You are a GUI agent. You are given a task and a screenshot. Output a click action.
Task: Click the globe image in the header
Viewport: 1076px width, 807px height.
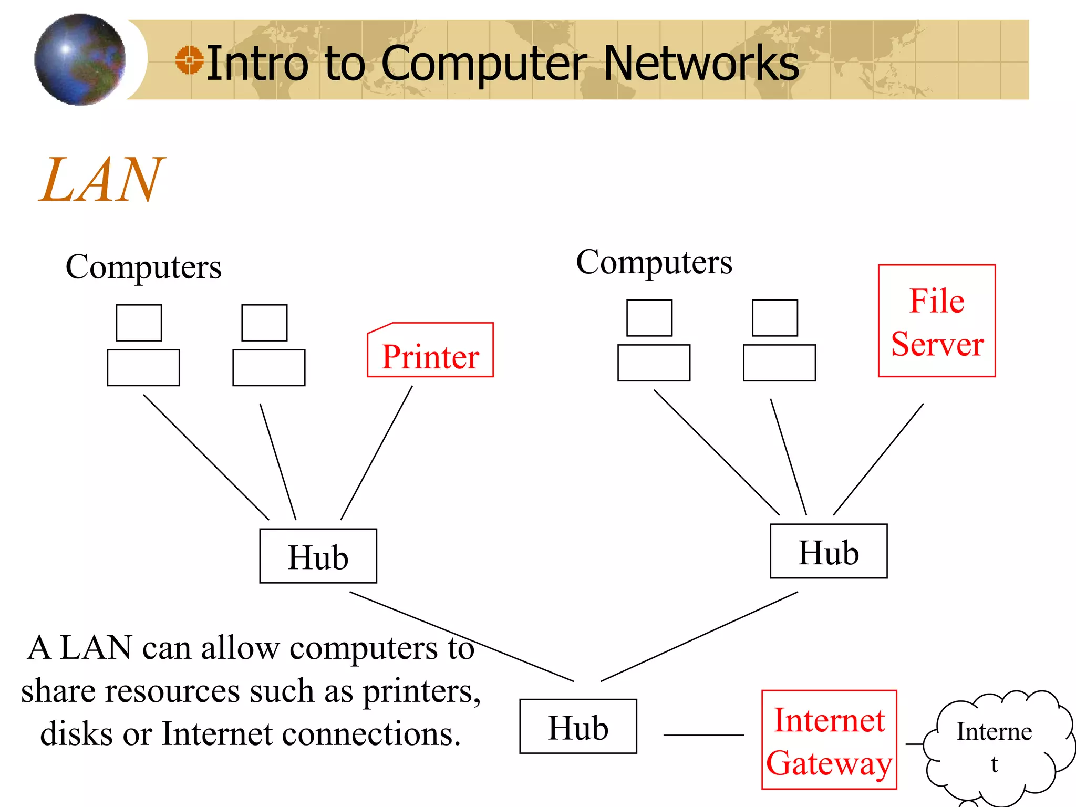[80, 59]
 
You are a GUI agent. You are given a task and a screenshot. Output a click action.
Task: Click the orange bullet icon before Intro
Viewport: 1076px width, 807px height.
[189, 60]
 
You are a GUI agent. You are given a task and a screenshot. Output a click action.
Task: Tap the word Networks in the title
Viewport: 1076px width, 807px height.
[701, 64]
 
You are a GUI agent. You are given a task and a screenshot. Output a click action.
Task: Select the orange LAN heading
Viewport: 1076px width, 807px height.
[101, 180]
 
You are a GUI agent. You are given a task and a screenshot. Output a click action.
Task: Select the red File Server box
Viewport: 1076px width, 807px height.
[937, 321]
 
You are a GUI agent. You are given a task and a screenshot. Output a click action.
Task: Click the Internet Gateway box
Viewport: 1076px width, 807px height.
[829, 740]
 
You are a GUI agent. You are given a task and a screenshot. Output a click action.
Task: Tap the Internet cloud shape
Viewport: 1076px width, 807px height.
[995, 746]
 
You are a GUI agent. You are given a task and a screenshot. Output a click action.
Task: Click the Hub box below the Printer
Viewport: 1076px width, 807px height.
[318, 556]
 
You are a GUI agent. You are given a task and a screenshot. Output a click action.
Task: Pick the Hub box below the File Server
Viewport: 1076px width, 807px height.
[829, 551]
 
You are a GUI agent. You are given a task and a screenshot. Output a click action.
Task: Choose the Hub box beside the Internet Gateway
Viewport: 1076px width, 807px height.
[578, 726]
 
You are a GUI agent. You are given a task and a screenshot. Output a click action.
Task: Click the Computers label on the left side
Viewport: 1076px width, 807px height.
[143, 267]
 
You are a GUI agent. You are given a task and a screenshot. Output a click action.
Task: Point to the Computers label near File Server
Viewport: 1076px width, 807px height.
[654, 262]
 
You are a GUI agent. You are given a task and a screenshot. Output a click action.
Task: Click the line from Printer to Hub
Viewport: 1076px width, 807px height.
[376, 453]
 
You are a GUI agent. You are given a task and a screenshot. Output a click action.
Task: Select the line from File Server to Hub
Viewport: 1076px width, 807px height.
[878, 459]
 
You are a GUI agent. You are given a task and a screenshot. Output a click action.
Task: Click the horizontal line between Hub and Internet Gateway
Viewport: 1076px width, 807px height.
[703, 735]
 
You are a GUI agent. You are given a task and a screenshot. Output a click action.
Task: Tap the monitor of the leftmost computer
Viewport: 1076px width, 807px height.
[139, 323]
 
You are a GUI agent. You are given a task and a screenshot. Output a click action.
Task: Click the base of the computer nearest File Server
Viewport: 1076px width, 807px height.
[779, 363]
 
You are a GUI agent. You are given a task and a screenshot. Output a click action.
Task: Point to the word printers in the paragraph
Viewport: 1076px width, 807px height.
[421, 691]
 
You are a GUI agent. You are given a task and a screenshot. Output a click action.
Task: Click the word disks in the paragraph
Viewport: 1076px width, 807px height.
[77, 733]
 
